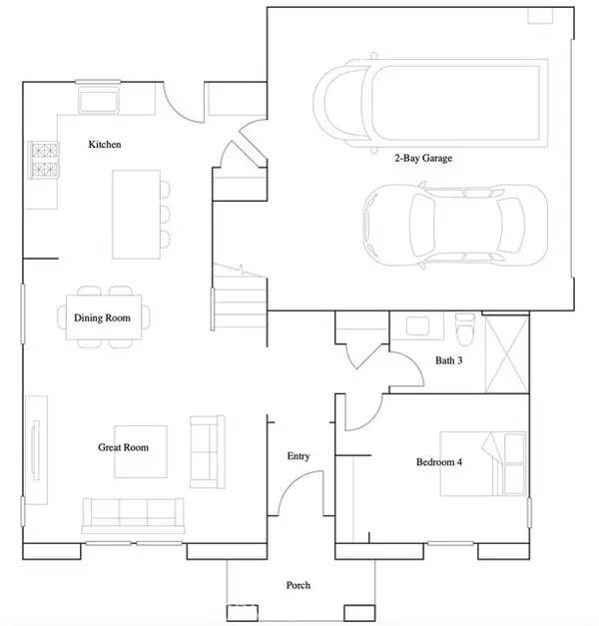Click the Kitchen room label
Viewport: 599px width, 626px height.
pos(105,144)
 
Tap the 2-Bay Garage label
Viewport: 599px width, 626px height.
pos(423,158)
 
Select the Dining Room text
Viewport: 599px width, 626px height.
pos(102,317)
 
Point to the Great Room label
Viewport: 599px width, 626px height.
pos(124,447)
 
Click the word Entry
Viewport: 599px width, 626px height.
pos(299,456)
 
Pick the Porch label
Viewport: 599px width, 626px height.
pos(299,585)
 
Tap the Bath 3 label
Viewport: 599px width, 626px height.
pos(449,360)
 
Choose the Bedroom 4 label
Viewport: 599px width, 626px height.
pos(439,462)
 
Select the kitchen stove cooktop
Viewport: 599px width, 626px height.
pos(44,160)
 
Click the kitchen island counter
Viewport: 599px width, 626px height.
pos(136,215)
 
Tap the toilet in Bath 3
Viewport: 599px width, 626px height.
pos(465,328)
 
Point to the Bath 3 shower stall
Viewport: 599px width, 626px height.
pos(507,353)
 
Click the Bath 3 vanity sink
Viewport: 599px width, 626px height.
pos(417,325)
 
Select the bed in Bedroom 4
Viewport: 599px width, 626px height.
pos(483,463)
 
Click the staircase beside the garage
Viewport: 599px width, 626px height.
pos(239,298)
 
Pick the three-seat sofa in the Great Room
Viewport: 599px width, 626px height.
pos(133,516)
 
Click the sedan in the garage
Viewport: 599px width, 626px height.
pos(455,226)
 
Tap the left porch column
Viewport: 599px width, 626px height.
pos(243,612)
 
